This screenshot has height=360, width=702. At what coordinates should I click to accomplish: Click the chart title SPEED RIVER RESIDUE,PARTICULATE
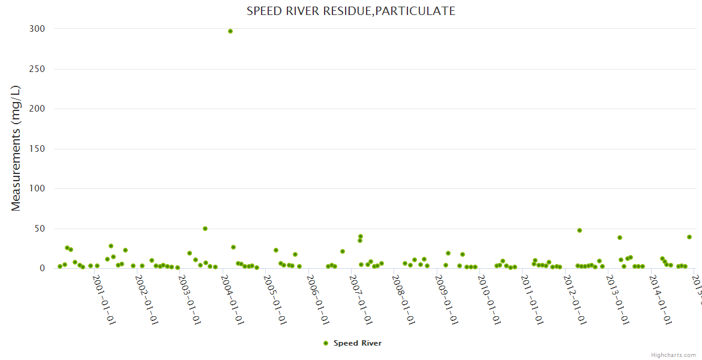point(351,11)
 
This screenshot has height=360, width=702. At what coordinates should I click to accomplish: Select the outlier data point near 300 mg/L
point(230,31)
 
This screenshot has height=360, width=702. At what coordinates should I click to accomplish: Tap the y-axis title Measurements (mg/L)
point(16,148)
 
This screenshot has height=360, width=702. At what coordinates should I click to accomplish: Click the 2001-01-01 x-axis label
point(104,299)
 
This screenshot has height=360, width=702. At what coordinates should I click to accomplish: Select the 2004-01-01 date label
point(232,299)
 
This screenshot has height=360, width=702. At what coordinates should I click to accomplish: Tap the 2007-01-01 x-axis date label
point(361,299)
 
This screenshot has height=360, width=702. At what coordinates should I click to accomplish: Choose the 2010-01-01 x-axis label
point(489,299)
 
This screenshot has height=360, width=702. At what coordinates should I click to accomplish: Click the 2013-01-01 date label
point(617,299)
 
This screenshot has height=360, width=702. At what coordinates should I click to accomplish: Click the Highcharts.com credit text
point(673,355)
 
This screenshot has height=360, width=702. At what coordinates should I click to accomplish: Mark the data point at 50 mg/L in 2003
point(205,229)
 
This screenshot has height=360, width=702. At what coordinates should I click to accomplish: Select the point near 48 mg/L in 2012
point(580,230)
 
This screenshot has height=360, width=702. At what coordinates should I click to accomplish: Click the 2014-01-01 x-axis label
point(660,299)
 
